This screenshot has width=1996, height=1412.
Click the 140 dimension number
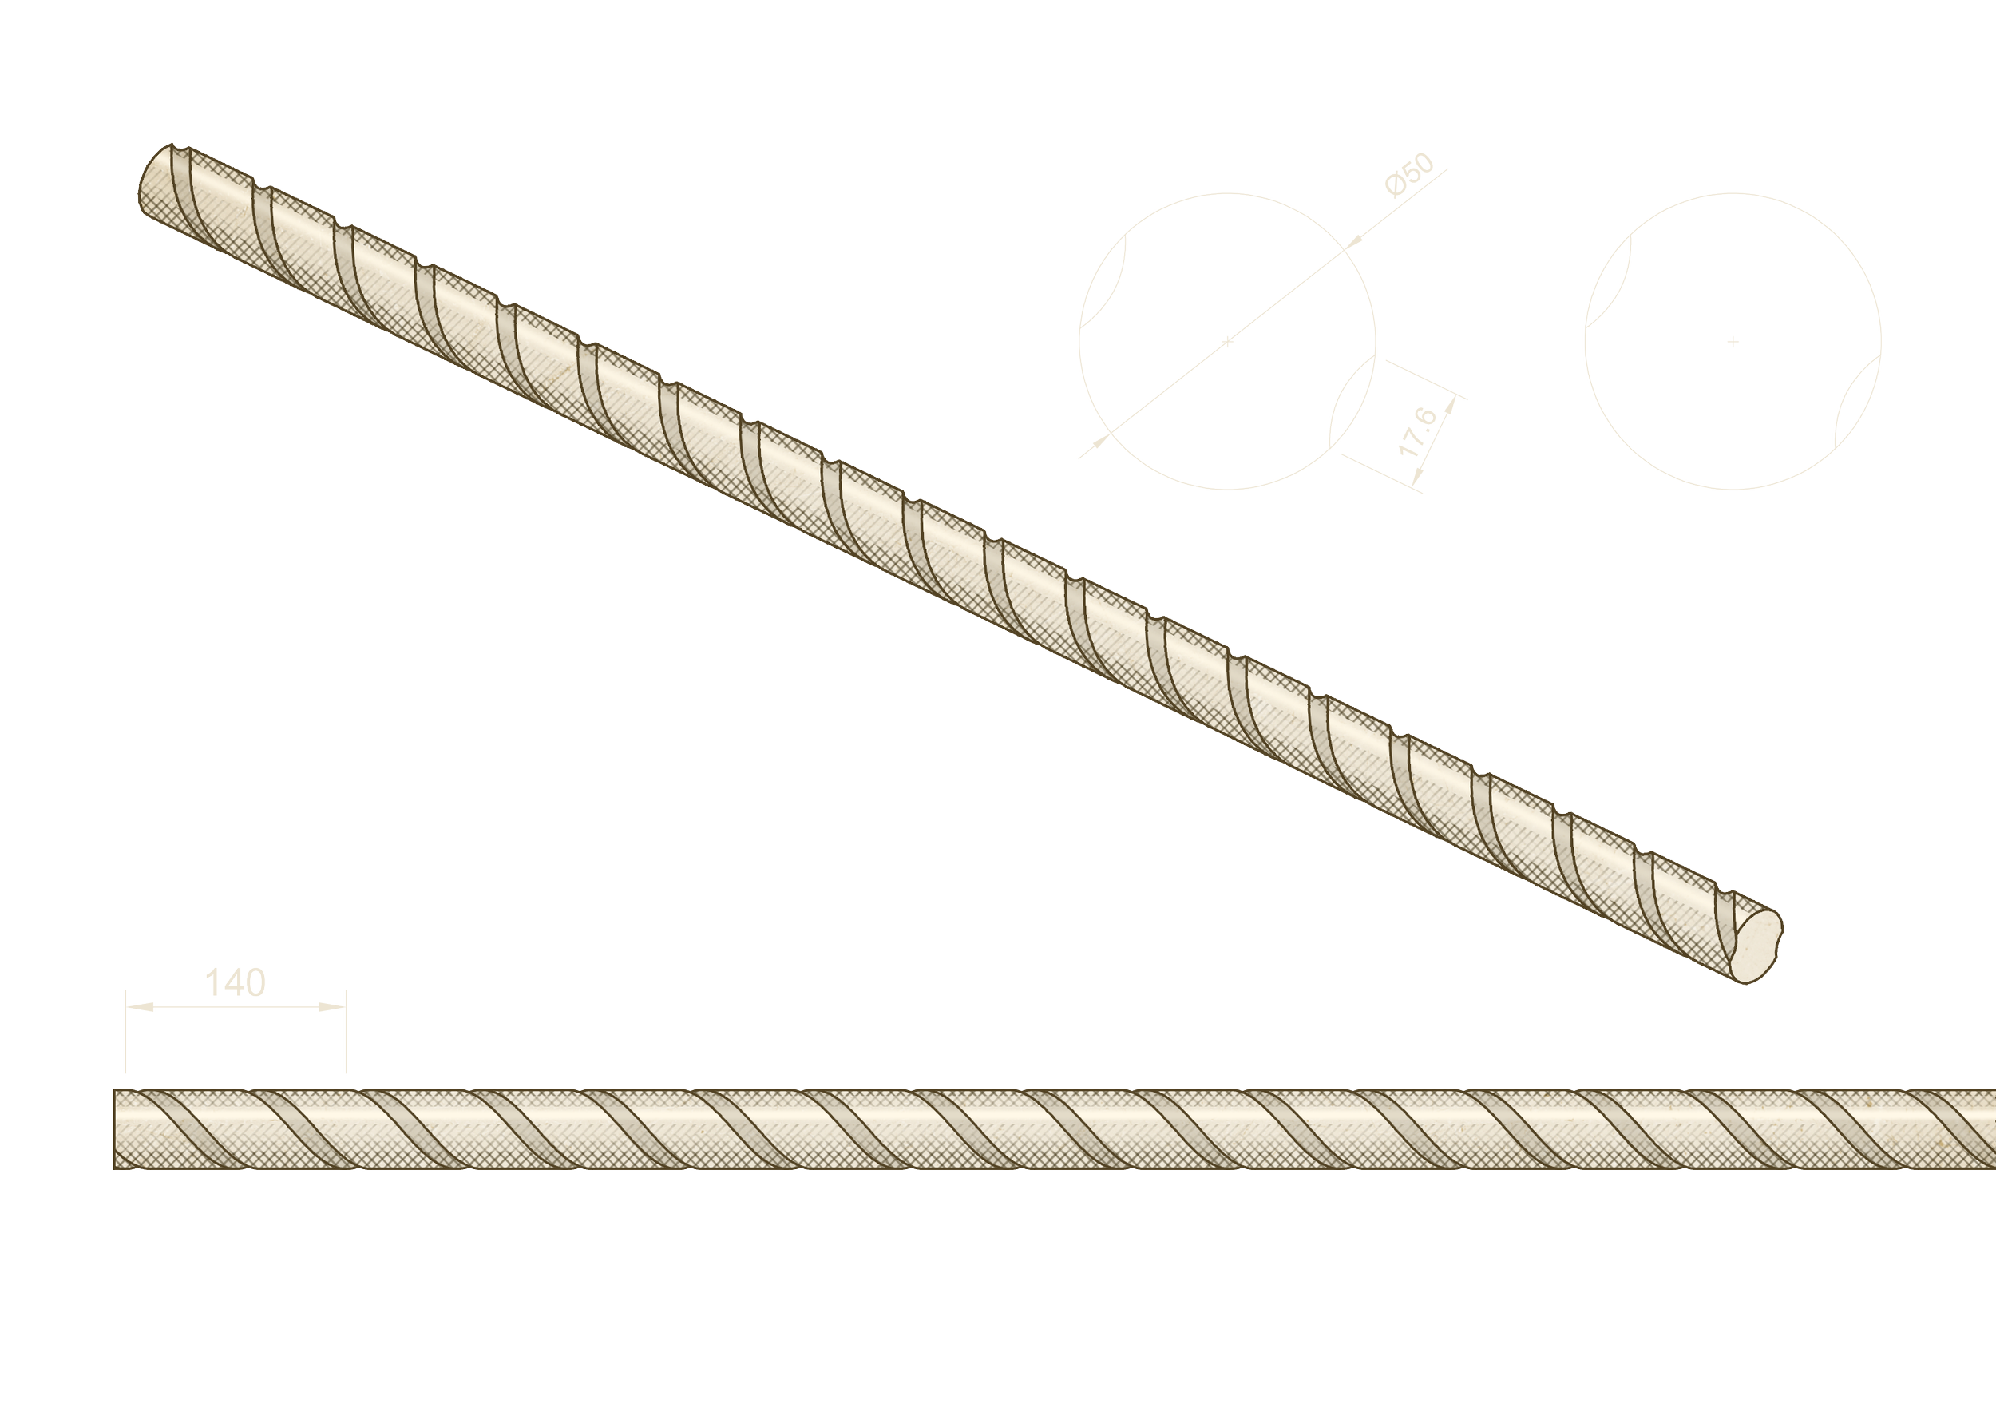tap(235, 982)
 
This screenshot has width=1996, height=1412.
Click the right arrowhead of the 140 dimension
tap(332, 1009)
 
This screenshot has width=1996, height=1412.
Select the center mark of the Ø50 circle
tap(1226, 341)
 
